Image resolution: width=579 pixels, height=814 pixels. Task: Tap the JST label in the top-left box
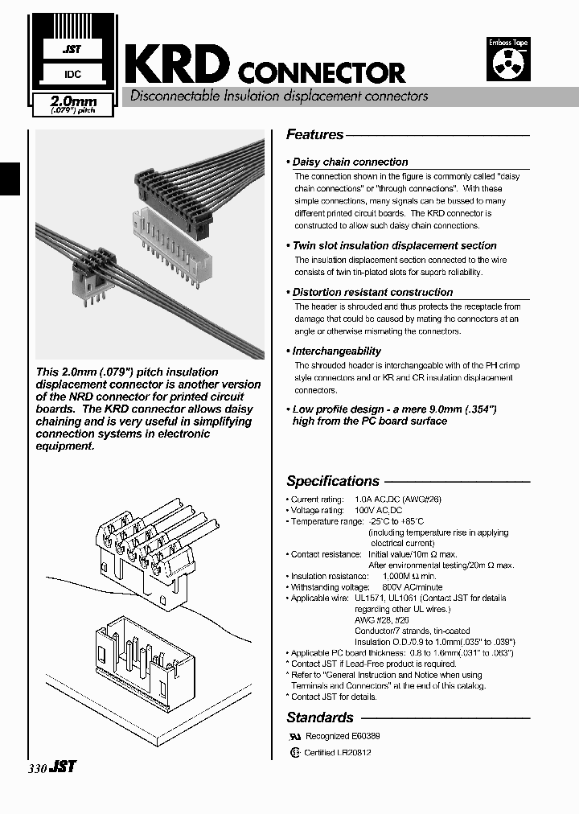click(72, 50)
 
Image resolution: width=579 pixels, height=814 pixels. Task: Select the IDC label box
click(72, 75)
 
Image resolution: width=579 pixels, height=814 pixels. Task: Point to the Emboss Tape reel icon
click(507, 64)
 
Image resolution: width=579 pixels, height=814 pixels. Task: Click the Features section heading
click(314, 135)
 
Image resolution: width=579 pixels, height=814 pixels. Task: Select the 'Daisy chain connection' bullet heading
click(350, 162)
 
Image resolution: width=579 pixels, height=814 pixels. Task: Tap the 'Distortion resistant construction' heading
click(372, 292)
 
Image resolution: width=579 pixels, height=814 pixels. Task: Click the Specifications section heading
click(333, 481)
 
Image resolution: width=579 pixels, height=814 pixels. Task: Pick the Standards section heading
click(320, 717)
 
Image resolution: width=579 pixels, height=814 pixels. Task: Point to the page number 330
click(38, 768)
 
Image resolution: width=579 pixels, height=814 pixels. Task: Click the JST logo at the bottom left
click(63, 767)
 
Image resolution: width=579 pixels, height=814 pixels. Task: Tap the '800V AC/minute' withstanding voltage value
click(392, 587)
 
